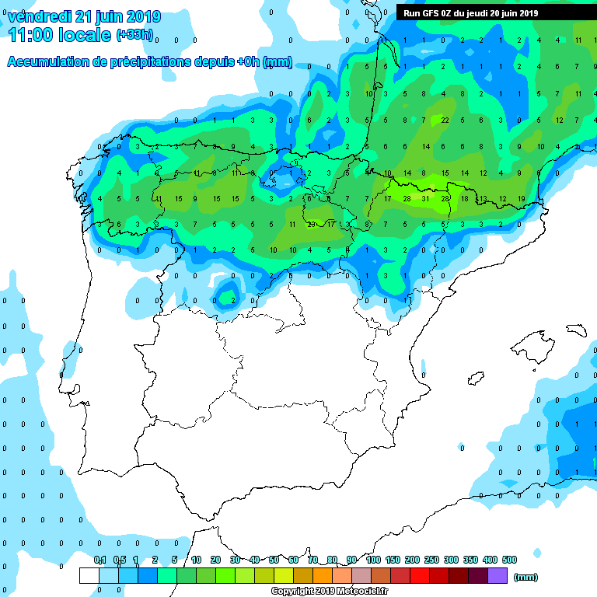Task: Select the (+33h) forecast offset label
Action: (x=135, y=35)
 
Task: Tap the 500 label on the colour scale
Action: (x=510, y=560)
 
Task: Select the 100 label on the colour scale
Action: (x=373, y=560)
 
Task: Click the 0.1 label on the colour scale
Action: (x=99, y=560)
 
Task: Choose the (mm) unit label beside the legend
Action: (x=526, y=577)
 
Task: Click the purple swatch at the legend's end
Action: (x=497, y=575)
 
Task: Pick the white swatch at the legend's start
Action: (x=89, y=575)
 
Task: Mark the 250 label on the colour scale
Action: (x=431, y=560)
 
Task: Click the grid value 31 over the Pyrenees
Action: (x=426, y=199)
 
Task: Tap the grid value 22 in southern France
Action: (x=445, y=120)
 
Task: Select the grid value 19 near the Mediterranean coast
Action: (x=521, y=199)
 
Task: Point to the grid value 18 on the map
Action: (x=464, y=199)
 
